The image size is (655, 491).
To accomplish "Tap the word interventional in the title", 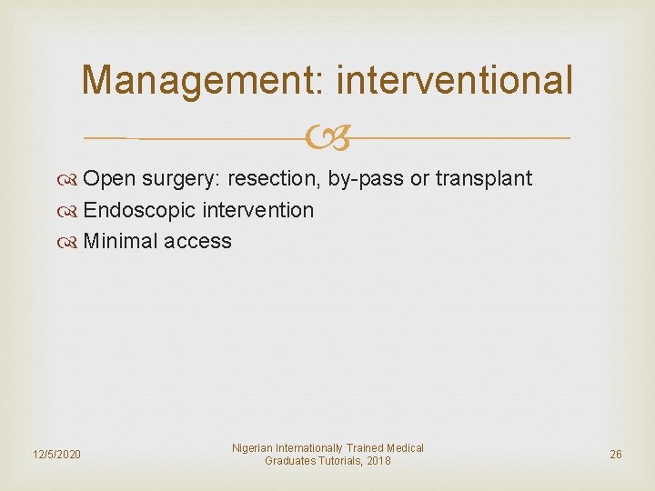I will (x=455, y=80).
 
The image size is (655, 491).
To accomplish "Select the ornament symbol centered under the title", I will (x=327, y=138).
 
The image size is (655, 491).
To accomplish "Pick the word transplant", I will (x=483, y=179).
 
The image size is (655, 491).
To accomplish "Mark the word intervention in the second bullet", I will (x=257, y=211).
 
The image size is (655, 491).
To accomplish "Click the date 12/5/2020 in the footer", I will (x=55, y=454).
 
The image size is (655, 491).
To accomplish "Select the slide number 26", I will (x=616, y=454).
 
